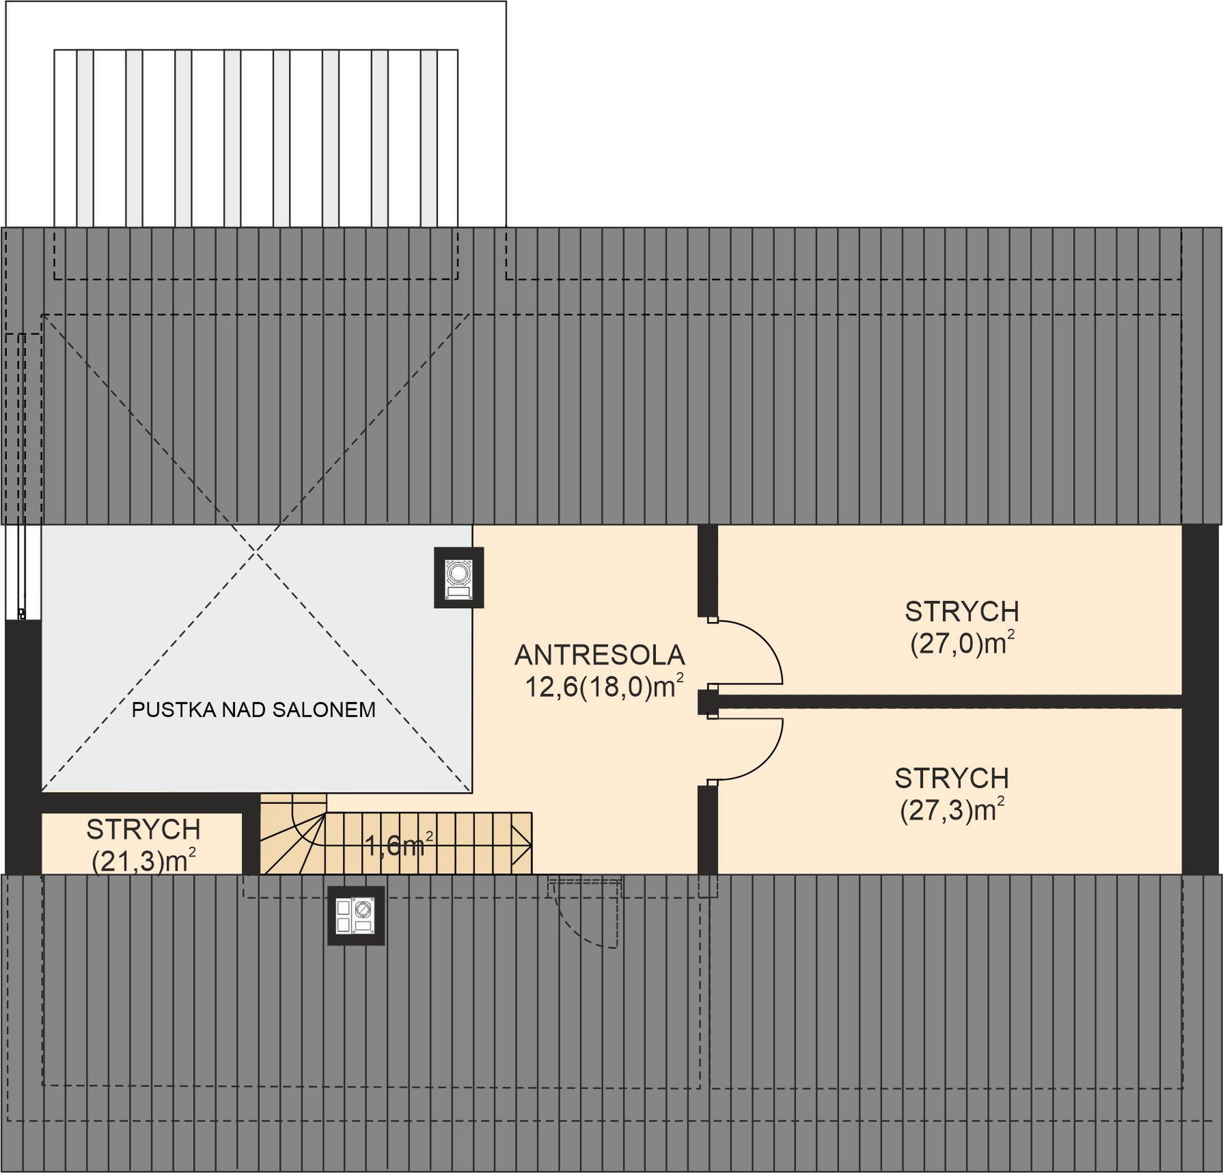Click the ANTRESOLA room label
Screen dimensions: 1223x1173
click(x=599, y=655)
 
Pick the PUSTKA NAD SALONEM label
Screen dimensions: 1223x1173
click(x=253, y=710)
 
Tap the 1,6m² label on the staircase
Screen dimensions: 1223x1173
click(x=400, y=845)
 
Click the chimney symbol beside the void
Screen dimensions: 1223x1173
click(x=459, y=578)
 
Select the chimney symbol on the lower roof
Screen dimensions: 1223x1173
click(x=356, y=916)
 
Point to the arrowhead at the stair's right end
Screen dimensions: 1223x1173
click(x=525, y=845)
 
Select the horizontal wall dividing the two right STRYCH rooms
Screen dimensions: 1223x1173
click(x=940, y=702)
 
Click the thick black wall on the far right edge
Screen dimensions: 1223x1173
click(x=1200, y=699)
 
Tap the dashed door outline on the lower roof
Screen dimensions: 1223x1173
click(x=586, y=913)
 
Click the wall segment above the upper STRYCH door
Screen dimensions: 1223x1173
click(x=708, y=570)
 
